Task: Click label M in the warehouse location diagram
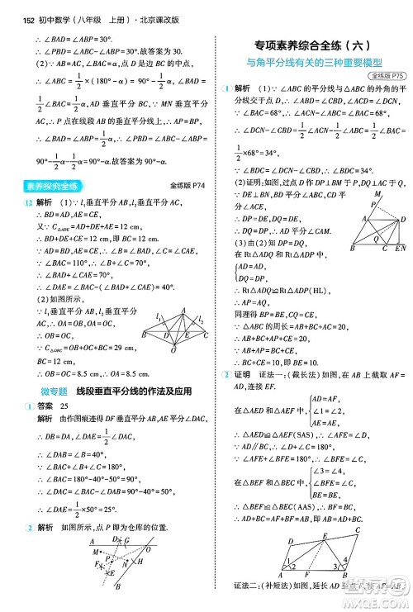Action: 98,551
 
